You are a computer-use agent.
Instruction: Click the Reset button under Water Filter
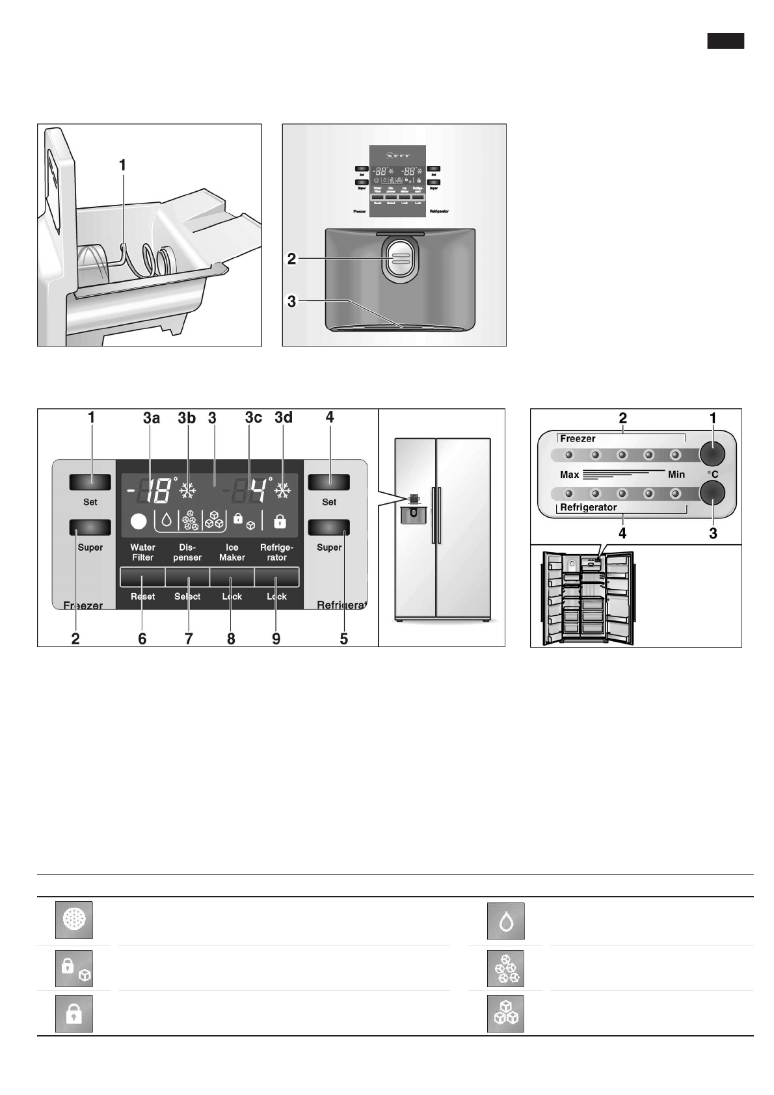142,576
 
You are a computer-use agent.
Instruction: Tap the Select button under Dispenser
187,576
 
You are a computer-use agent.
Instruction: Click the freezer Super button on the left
90,527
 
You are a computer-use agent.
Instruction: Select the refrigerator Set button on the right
329,482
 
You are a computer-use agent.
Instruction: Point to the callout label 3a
152,418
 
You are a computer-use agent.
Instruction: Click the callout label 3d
284,418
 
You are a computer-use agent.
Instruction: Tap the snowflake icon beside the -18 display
188,492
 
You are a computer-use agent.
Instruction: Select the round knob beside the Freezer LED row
712,453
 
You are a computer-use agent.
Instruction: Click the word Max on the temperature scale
569,475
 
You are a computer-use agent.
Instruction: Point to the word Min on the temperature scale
676,475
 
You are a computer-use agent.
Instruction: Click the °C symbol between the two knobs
713,475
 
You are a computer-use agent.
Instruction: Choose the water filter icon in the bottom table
73,920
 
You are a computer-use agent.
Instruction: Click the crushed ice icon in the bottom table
505,968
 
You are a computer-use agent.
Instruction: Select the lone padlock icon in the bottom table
73,1014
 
